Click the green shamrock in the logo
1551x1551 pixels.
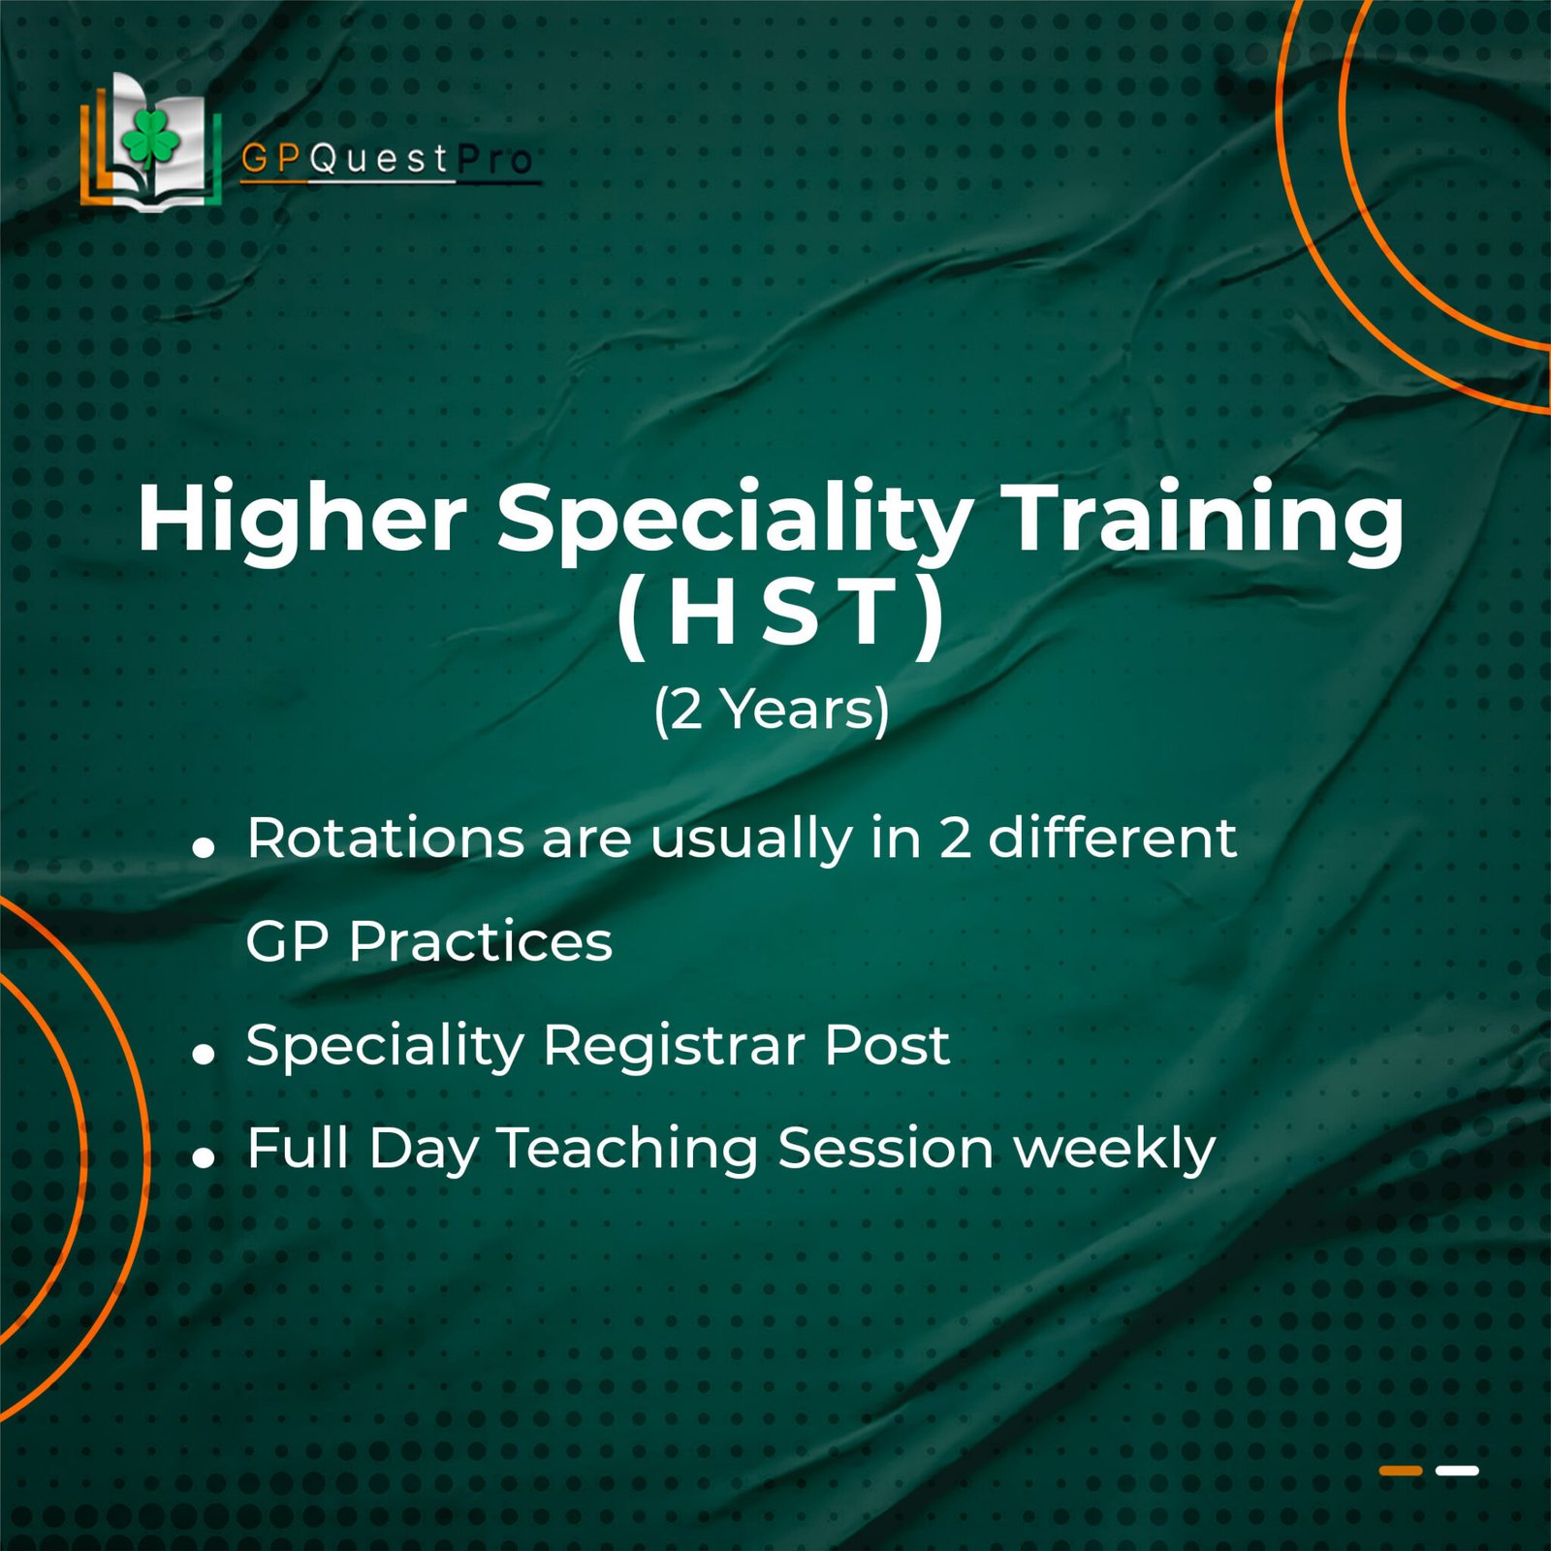pyautogui.click(x=151, y=140)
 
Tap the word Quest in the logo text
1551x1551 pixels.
pyautogui.click(x=380, y=159)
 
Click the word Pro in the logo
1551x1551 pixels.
pyautogui.click(x=494, y=159)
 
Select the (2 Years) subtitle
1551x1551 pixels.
pyautogui.click(x=772, y=710)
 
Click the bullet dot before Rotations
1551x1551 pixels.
pyautogui.click(x=204, y=848)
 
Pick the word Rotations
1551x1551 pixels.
pyautogui.click(x=386, y=838)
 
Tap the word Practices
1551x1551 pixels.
pyautogui.click(x=481, y=941)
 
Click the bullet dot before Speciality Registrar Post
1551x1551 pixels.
pyautogui.click(x=204, y=1054)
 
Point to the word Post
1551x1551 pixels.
pyautogui.click(x=887, y=1045)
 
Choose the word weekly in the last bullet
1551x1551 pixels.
pyautogui.click(x=1114, y=1150)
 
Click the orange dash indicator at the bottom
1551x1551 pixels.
pyautogui.click(x=1401, y=1471)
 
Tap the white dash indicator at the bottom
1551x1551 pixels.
pyautogui.click(x=1457, y=1471)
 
